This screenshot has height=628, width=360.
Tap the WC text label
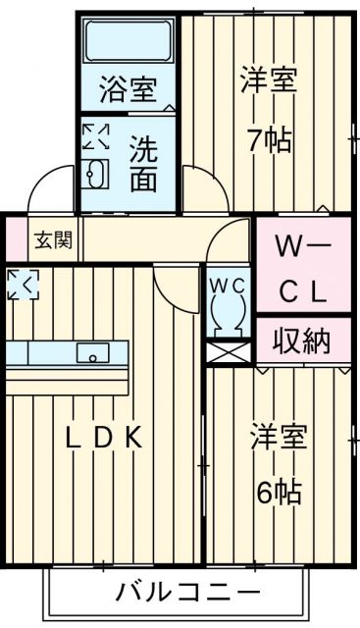(230, 284)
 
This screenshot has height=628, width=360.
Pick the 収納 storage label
(302, 342)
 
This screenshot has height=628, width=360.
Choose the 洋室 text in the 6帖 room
(279, 434)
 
